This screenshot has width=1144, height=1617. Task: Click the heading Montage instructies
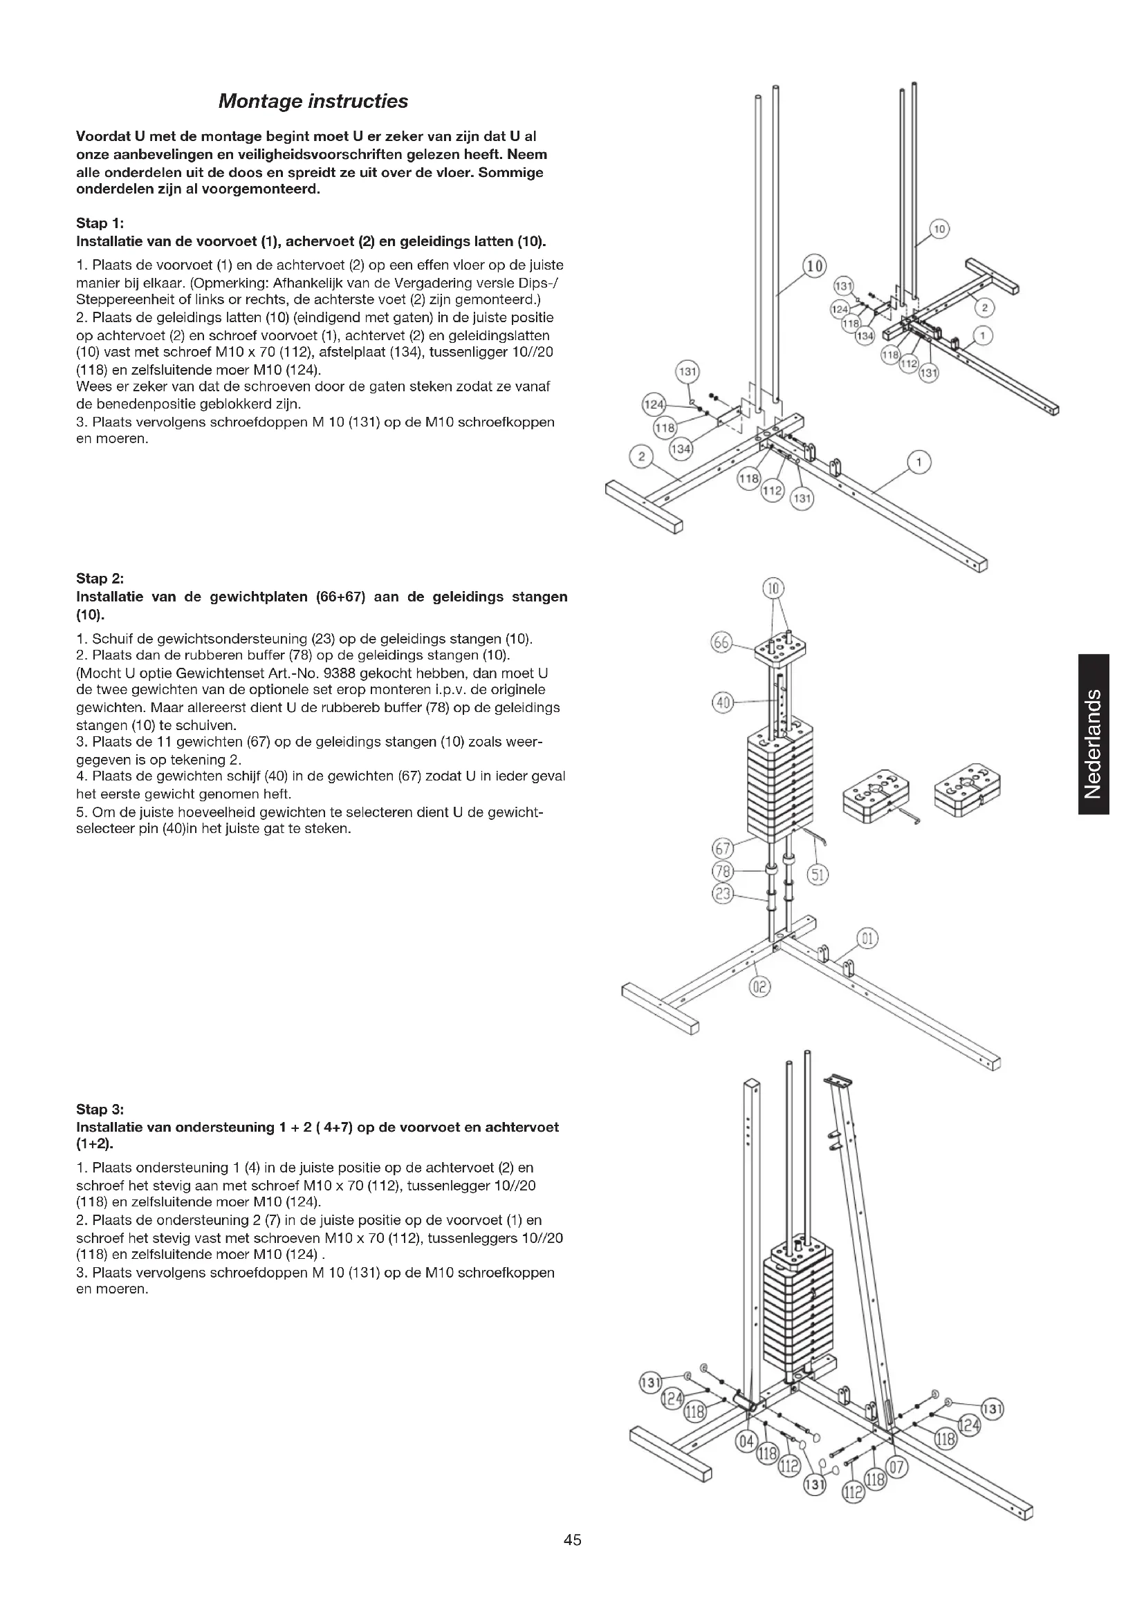click(x=313, y=102)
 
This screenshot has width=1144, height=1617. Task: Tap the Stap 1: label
click(x=100, y=223)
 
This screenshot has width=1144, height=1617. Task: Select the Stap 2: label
click(x=100, y=578)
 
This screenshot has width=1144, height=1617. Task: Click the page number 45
click(x=572, y=1540)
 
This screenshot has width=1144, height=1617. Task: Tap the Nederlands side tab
click(x=1094, y=734)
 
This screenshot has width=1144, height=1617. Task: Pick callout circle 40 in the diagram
click(x=723, y=702)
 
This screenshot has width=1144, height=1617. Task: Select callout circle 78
click(x=723, y=872)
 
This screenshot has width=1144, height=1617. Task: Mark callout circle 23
click(x=723, y=895)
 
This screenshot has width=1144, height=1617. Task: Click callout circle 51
click(x=817, y=875)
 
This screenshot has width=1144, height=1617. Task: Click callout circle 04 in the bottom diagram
click(x=745, y=1441)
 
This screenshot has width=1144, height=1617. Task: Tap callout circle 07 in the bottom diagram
click(x=898, y=1468)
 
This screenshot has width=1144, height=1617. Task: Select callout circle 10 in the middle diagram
click(x=773, y=588)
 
